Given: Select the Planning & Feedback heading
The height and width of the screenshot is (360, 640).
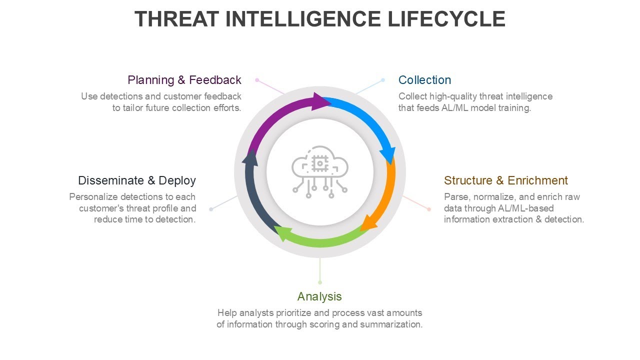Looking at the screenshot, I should (184, 80).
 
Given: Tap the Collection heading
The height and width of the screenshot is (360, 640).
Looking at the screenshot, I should (424, 80).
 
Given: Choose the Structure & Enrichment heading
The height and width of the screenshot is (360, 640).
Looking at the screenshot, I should (505, 180).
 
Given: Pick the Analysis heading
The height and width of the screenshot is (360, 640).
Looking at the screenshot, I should (319, 296).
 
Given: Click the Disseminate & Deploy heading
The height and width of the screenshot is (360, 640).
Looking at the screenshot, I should (136, 180).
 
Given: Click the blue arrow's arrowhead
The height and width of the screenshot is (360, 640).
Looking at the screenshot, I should (389, 155).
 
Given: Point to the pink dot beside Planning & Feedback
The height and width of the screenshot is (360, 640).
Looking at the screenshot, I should (257, 80).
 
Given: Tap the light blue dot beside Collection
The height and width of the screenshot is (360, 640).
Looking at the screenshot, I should (383, 80).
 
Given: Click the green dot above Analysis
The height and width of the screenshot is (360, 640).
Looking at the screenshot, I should (320, 282).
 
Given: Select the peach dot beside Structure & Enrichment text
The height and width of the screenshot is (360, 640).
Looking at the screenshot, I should (429, 209).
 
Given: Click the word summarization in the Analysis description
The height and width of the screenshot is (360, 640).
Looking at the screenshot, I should (391, 324).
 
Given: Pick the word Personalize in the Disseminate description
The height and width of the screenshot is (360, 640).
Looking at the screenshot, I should (93, 196).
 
